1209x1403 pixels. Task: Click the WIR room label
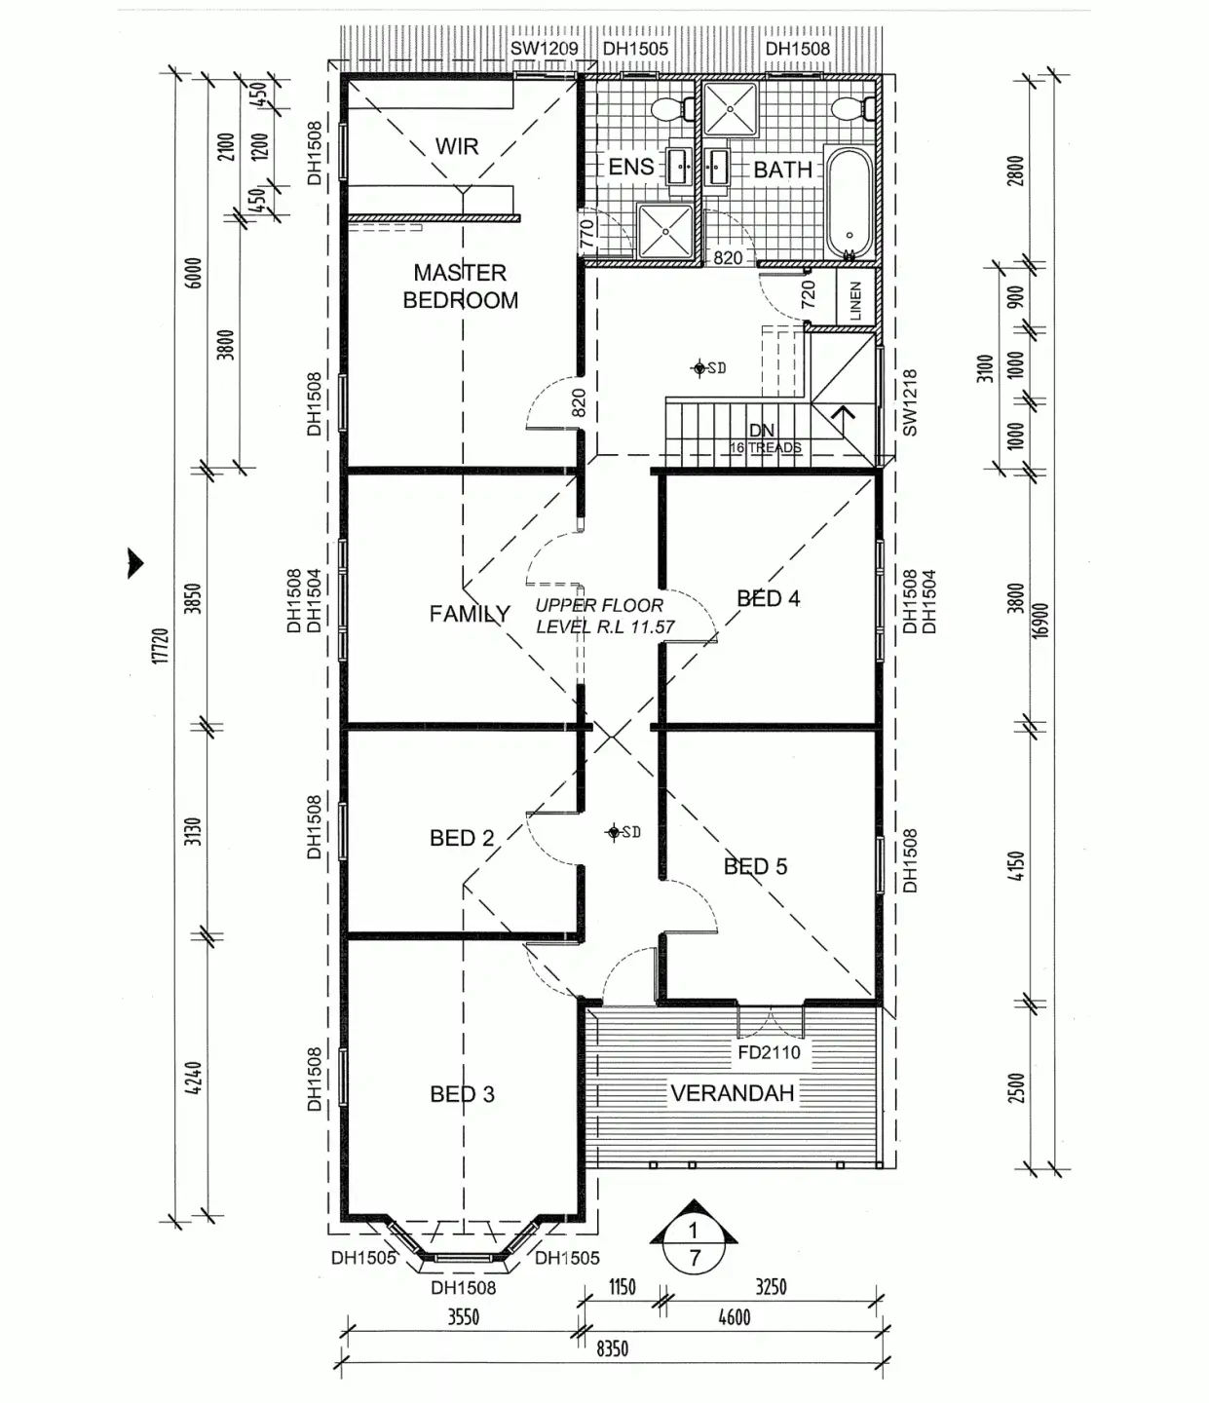point(456,146)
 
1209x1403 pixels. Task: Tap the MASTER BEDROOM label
point(460,286)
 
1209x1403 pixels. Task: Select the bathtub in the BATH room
point(850,203)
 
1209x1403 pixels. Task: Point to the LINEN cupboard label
point(855,301)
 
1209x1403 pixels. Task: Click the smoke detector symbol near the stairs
point(699,368)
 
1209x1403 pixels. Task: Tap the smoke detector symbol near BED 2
point(615,832)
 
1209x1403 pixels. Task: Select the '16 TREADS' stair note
point(766,448)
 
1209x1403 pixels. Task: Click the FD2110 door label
point(769,1052)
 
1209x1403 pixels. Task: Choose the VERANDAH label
point(733,1093)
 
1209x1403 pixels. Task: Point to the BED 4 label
point(769,598)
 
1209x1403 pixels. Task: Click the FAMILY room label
point(470,614)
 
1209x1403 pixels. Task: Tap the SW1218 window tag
point(909,402)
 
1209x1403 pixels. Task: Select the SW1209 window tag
point(544,49)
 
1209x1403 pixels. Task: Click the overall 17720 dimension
point(161,646)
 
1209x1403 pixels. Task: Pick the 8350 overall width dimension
point(612,1349)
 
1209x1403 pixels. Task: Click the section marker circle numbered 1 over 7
point(694,1244)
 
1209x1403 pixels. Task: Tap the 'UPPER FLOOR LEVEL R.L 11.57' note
point(604,616)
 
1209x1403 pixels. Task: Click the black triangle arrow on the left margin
point(135,562)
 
